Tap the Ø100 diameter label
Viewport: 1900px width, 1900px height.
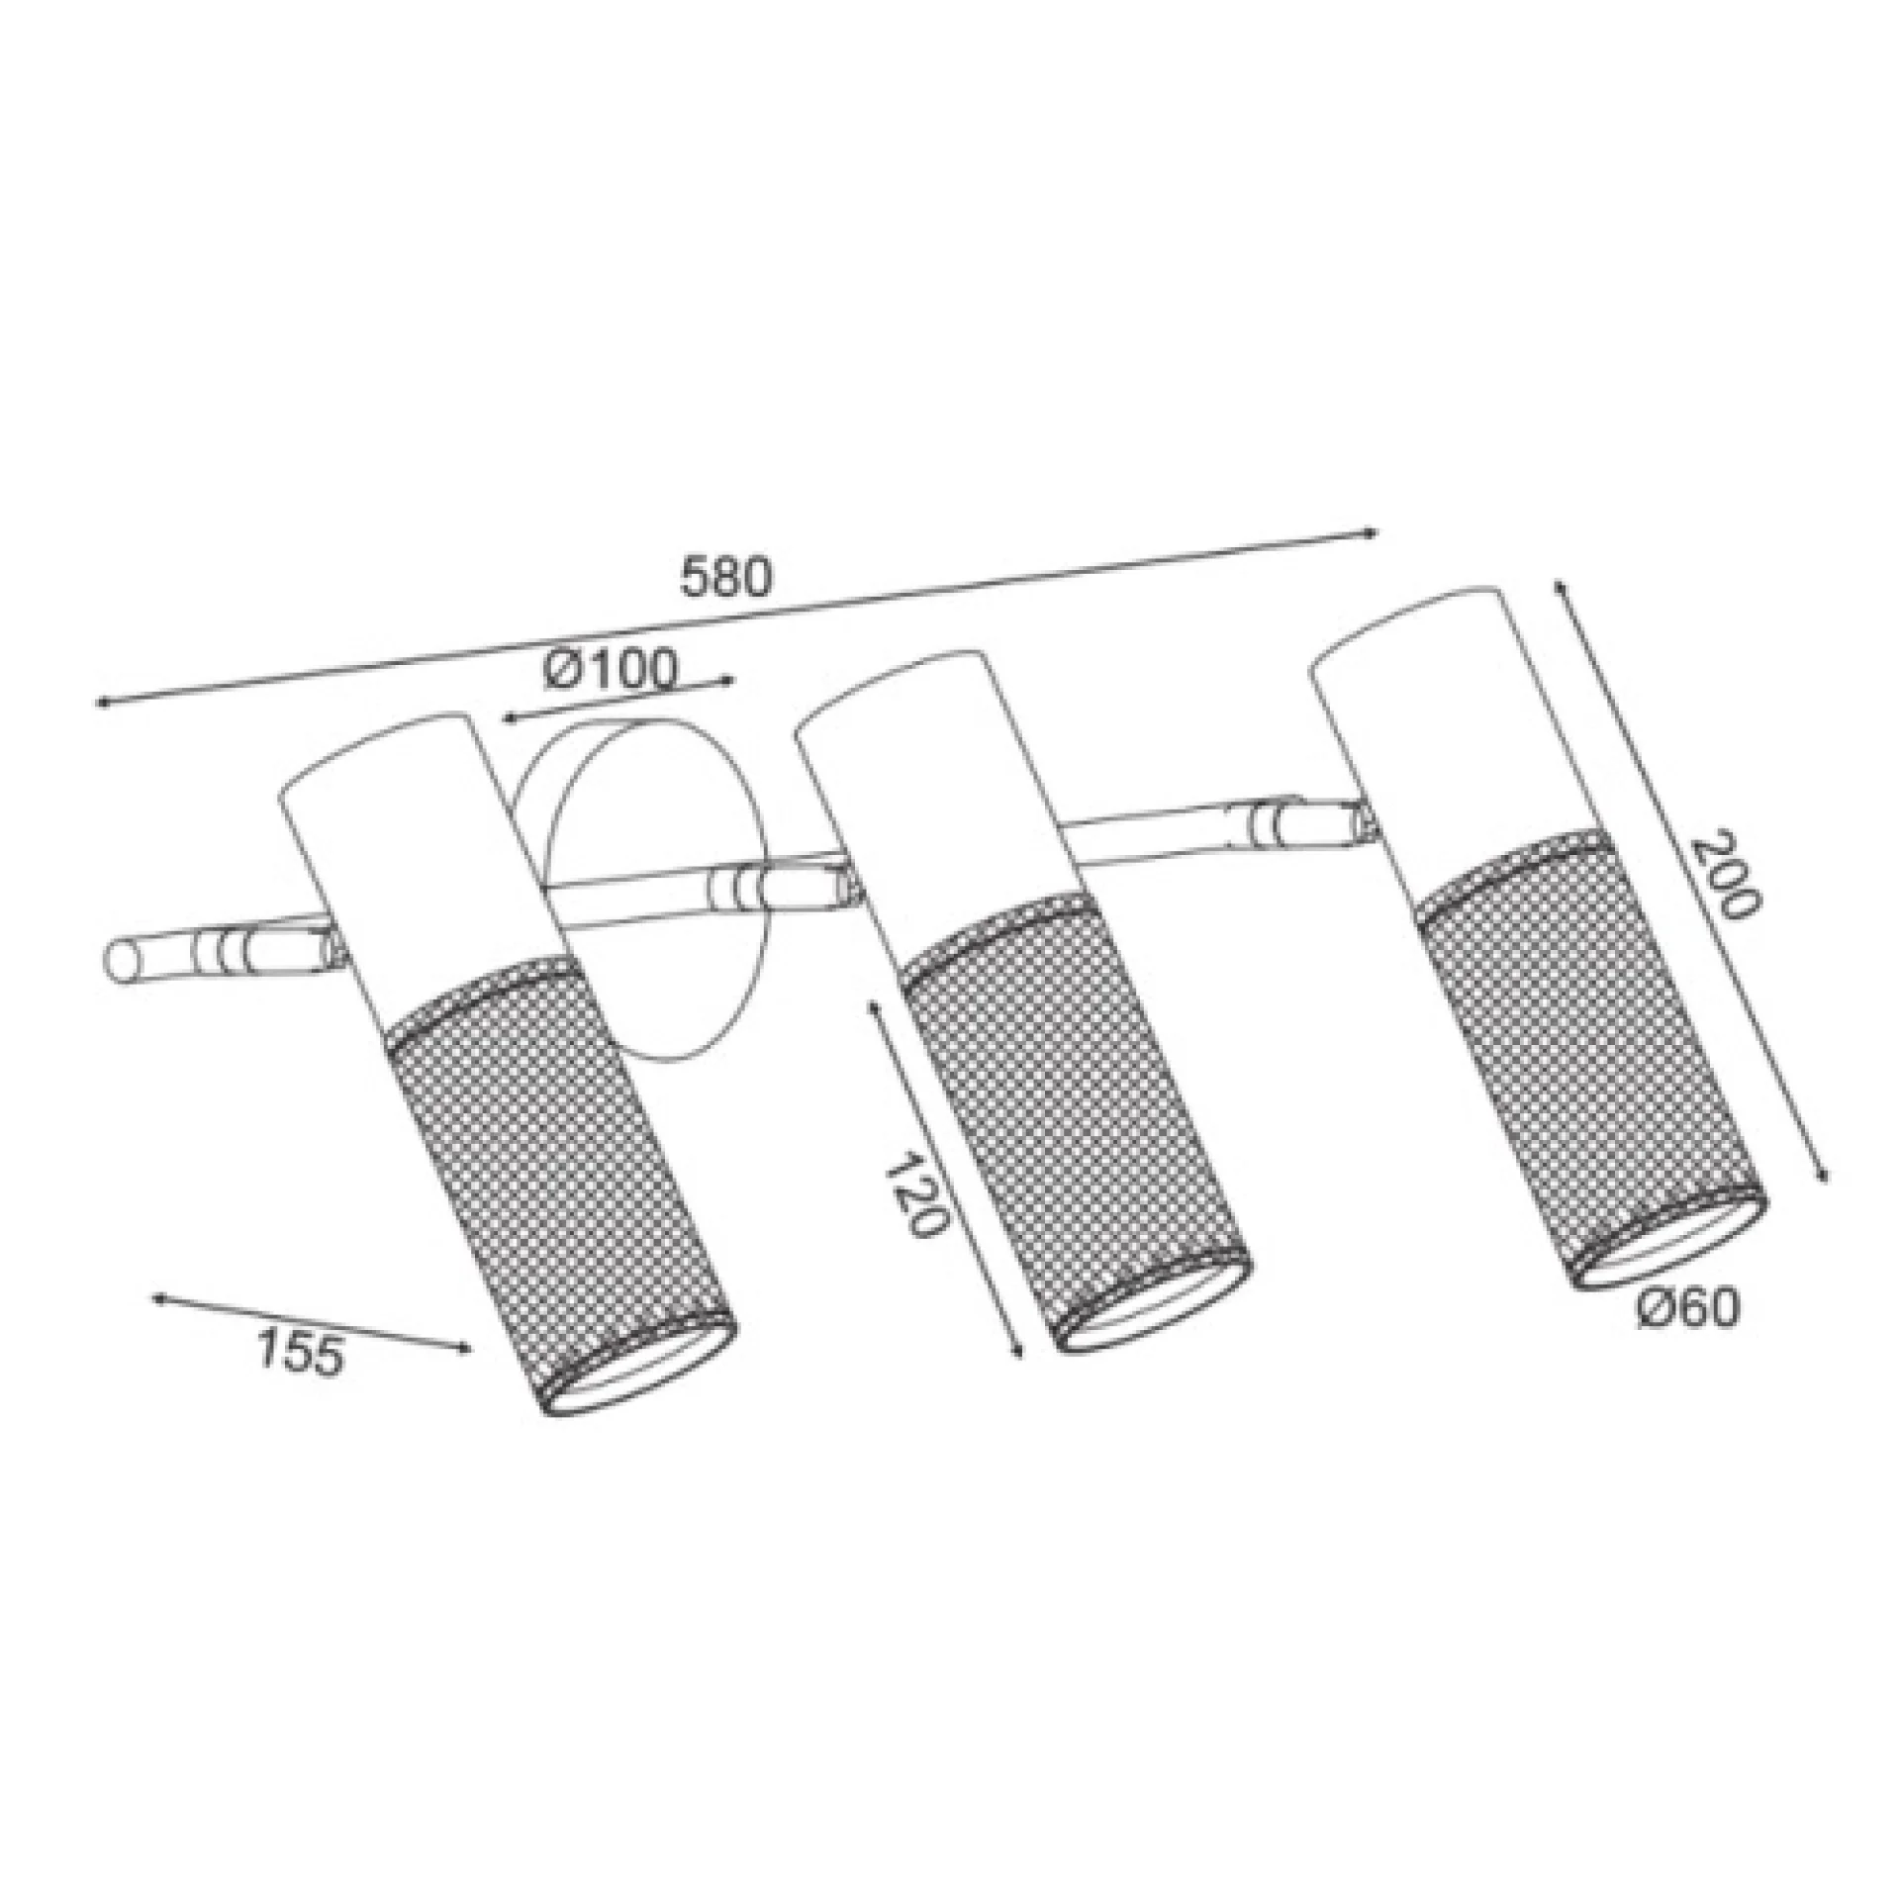pyautogui.click(x=611, y=670)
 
